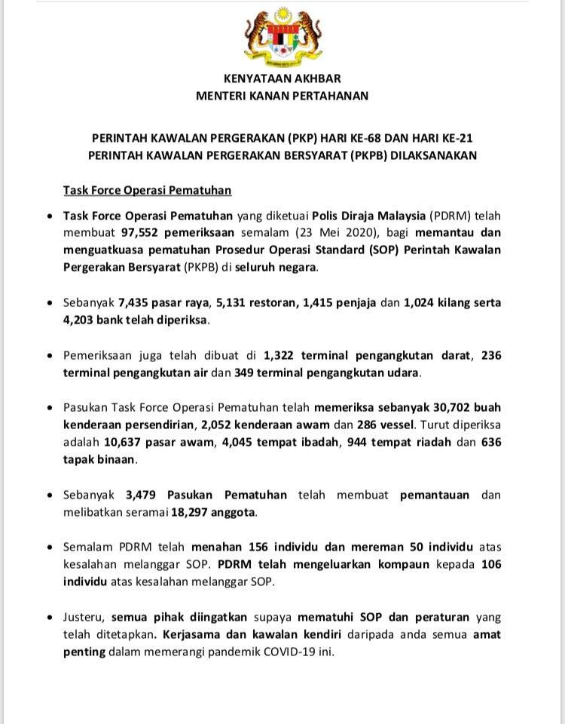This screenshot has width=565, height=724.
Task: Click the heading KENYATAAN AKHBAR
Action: (282, 78)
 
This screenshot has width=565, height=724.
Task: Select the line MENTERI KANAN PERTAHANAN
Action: (282, 96)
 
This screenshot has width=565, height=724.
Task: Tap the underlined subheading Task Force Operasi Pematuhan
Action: (147, 191)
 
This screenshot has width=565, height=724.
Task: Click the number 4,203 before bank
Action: (81, 319)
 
